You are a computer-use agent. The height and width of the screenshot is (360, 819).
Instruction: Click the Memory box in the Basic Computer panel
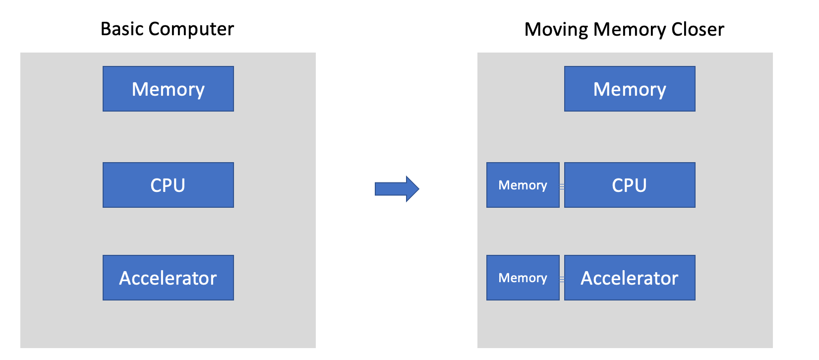click(x=168, y=89)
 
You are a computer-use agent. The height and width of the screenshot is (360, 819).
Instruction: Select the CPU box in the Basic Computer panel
click(x=168, y=185)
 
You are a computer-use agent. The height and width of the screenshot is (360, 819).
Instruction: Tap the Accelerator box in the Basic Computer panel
click(x=168, y=278)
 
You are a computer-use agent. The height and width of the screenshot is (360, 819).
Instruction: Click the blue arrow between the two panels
click(x=397, y=189)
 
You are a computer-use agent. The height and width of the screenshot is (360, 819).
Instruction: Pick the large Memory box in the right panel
click(x=630, y=89)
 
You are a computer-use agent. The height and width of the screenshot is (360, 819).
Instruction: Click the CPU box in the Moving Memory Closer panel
click(x=630, y=185)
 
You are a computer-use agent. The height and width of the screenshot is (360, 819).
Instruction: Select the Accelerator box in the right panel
click(x=630, y=278)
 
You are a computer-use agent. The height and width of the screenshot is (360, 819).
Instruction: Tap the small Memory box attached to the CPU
click(x=523, y=185)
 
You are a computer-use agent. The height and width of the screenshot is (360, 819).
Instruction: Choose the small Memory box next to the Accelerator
click(x=523, y=278)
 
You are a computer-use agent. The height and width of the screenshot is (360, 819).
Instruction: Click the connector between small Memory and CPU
click(x=562, y=186)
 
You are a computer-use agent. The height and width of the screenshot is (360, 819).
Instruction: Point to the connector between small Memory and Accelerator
click(x=562, y=280)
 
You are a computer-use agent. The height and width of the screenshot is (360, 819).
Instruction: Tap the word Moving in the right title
click(x=556, y=30)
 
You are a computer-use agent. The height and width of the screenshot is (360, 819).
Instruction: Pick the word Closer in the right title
click(x=698, y=29)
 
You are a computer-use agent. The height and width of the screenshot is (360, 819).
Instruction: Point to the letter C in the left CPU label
click(x=156, y=185)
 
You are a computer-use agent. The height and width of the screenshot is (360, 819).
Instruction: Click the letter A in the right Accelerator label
click(x=587, y=278)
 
